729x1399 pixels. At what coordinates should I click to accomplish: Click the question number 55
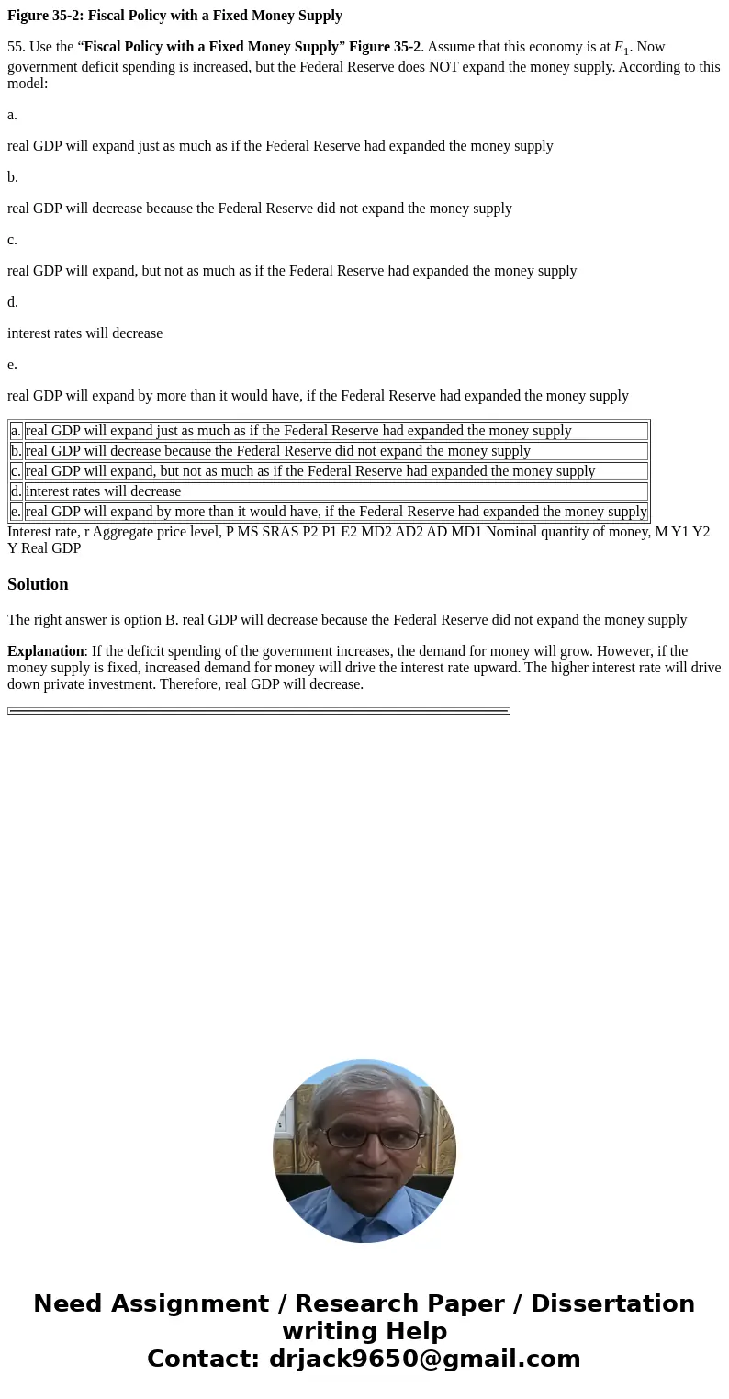pos(17,47)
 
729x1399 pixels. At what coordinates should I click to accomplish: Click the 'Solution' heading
pos(38,584)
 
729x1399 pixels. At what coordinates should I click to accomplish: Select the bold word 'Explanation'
pos(46,651)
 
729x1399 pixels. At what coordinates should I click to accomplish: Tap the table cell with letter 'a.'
pos(17,431)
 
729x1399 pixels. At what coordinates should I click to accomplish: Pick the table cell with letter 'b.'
pos(17,451)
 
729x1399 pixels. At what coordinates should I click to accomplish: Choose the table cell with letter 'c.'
pos(17,471)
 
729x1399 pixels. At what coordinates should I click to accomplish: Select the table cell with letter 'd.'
pos(17,491)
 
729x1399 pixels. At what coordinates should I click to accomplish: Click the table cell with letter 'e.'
pos(17,512)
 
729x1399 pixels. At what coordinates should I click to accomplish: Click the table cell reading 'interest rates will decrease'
pos(103,491)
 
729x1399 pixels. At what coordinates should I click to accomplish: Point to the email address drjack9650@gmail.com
pos(424,1360)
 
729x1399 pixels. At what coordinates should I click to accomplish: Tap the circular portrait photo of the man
pos(364,1151)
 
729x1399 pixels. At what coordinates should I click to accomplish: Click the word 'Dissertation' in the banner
pos(612,1304)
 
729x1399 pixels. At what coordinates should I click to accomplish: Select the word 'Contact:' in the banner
pos(203,1360)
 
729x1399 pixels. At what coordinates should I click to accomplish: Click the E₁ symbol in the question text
pos(622,48)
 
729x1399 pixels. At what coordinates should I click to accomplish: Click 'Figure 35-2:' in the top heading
pos(46,16)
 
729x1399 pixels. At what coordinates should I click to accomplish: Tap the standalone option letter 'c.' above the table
pos(13,240)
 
